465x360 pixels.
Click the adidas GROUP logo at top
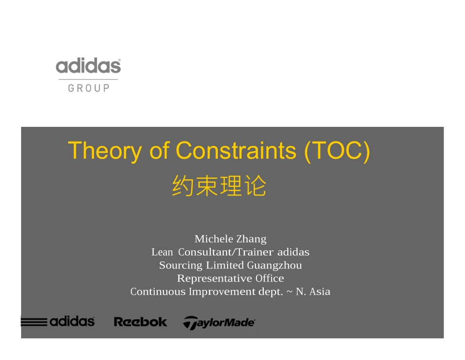click(x=88, y=74)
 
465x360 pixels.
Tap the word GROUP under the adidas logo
click(x=89, y=88)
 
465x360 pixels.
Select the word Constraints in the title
click(x=236, y=150)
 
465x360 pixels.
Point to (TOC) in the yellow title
click(x=337, y=150)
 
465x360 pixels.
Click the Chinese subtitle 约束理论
click(x=219, y=186)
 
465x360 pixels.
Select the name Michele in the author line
click(x=214, y=239)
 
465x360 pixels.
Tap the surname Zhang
click(x=252, y=239)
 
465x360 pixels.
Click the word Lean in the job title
click(x=162, y=252)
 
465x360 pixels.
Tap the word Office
click(x=270, y=278)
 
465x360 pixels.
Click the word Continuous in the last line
click(x=158, y=291)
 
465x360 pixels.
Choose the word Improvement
click(x=219, y=291)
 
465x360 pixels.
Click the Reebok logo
click(x=140, y=322)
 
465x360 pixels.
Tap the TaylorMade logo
click(x=219, y=322)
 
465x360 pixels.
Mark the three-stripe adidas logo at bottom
click(x=58, y=321)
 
